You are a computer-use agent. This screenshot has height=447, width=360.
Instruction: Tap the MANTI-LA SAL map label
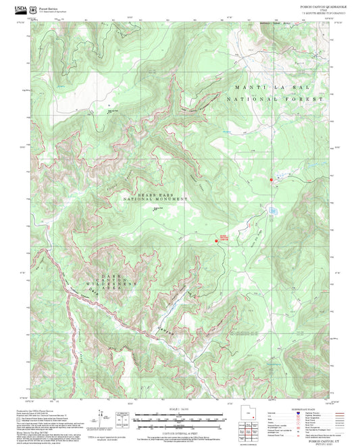[265, 88]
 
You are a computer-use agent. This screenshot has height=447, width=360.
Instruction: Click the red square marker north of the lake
[272, 180]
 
